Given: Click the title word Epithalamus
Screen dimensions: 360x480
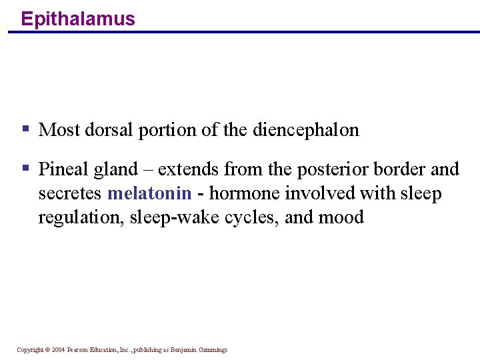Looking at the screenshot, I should tap(77, 19).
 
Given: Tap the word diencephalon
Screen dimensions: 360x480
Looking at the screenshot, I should tap(306, 130).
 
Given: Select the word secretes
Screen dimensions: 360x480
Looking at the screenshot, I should tap(70, 194).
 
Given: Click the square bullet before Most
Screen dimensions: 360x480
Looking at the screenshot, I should tap(25, 128).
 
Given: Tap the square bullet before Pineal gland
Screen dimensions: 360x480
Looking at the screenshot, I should tap(25, 167).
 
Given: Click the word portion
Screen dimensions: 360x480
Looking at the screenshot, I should tap(167, 130).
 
